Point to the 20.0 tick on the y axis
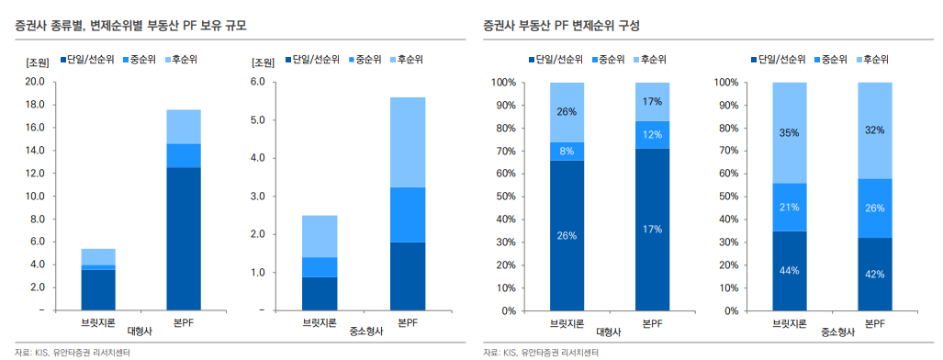[x=35, y=82]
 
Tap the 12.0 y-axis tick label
[x=35, y=174]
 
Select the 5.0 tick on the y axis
[x=258, y=120]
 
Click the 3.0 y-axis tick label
[x=258, y=197]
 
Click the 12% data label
[x=652, y=135]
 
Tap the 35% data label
[x=789, y=132]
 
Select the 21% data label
[x=789, y=208]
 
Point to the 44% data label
[x=789, y=271]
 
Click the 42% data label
[x=874, y=273]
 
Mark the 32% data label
[x=874, y=130]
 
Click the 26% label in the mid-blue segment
[x=874, y=208]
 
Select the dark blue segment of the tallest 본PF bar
[x=184, y=239]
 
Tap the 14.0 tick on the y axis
[x=35, y=151]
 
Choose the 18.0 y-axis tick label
[x=35, y=105]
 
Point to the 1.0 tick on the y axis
[x=258, y=273]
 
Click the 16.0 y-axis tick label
[x=35, y=128]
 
